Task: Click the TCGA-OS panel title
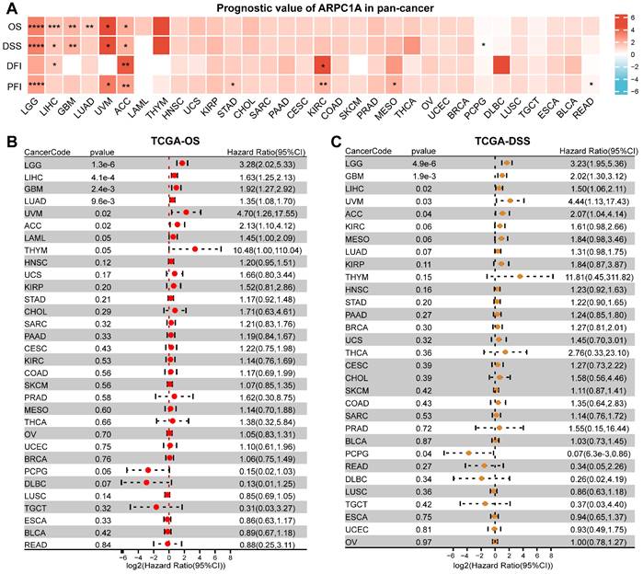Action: click(x=167, y=140)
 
